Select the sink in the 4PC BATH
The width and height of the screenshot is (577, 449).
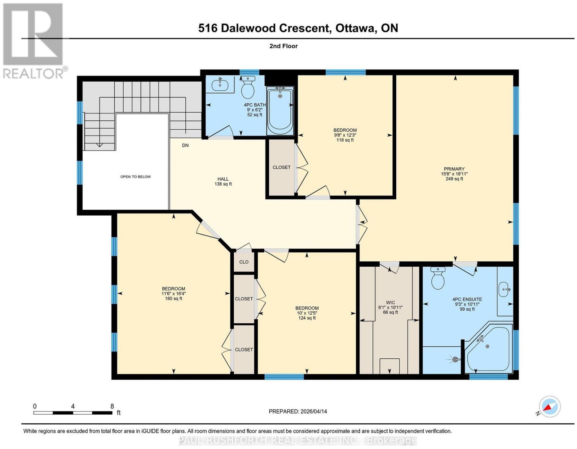220,85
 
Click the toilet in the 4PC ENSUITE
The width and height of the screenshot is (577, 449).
438,278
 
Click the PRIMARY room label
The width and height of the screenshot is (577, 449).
454,169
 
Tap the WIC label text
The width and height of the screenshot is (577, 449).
390,302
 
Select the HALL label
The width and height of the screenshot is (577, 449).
223,179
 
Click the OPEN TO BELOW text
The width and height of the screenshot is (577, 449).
136,177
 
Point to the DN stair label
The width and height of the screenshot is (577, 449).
185,146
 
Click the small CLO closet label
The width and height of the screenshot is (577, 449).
244,262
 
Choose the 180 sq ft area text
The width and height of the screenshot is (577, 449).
174,298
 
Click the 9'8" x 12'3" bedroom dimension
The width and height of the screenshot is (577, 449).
345,135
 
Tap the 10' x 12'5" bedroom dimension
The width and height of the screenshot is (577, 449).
307,313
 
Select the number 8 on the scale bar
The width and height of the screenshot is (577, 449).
112,406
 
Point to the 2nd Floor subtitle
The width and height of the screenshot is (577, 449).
283,46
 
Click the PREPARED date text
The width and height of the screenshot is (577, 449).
298,411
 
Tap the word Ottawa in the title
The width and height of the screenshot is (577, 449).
355,28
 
